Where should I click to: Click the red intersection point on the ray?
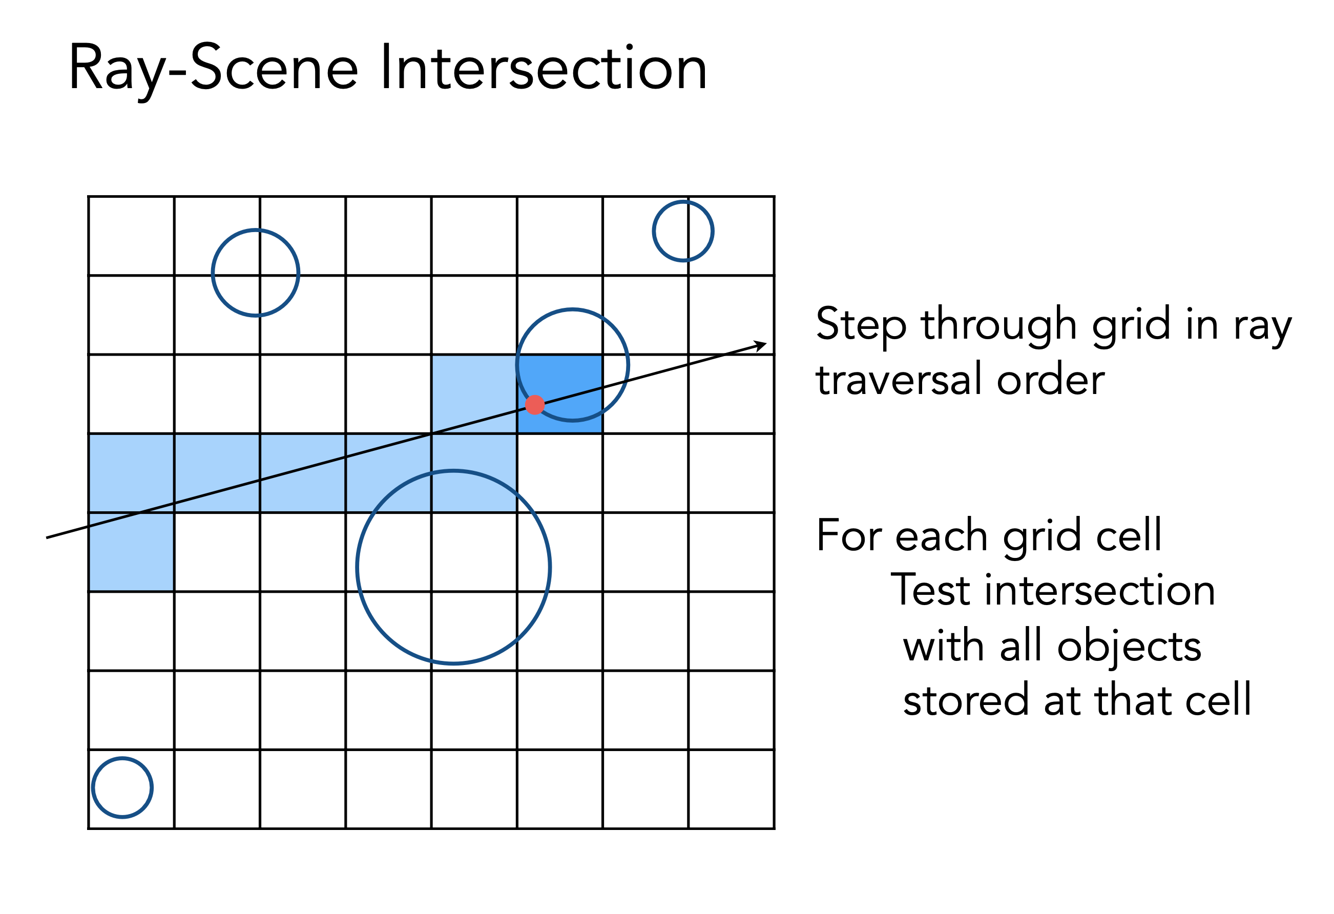pyautogui.click(x=534, y=405)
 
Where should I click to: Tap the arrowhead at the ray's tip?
pyautogui.click(x=761, y=345)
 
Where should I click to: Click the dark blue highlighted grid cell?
pyautogui.click(x=559, y=394)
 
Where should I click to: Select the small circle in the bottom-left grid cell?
pyautogui.click(x=122, y=787)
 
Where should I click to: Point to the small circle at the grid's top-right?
pyautogui.click(x=683, y=232)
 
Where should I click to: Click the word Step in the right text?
pyautogui.click(x=861, y=325)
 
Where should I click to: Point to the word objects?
pyautogui.click(x=1129, y=647)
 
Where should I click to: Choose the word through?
pyautogui.click(x=999, y=325)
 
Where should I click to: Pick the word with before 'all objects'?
pyautogui.click(x=943, y=646)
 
